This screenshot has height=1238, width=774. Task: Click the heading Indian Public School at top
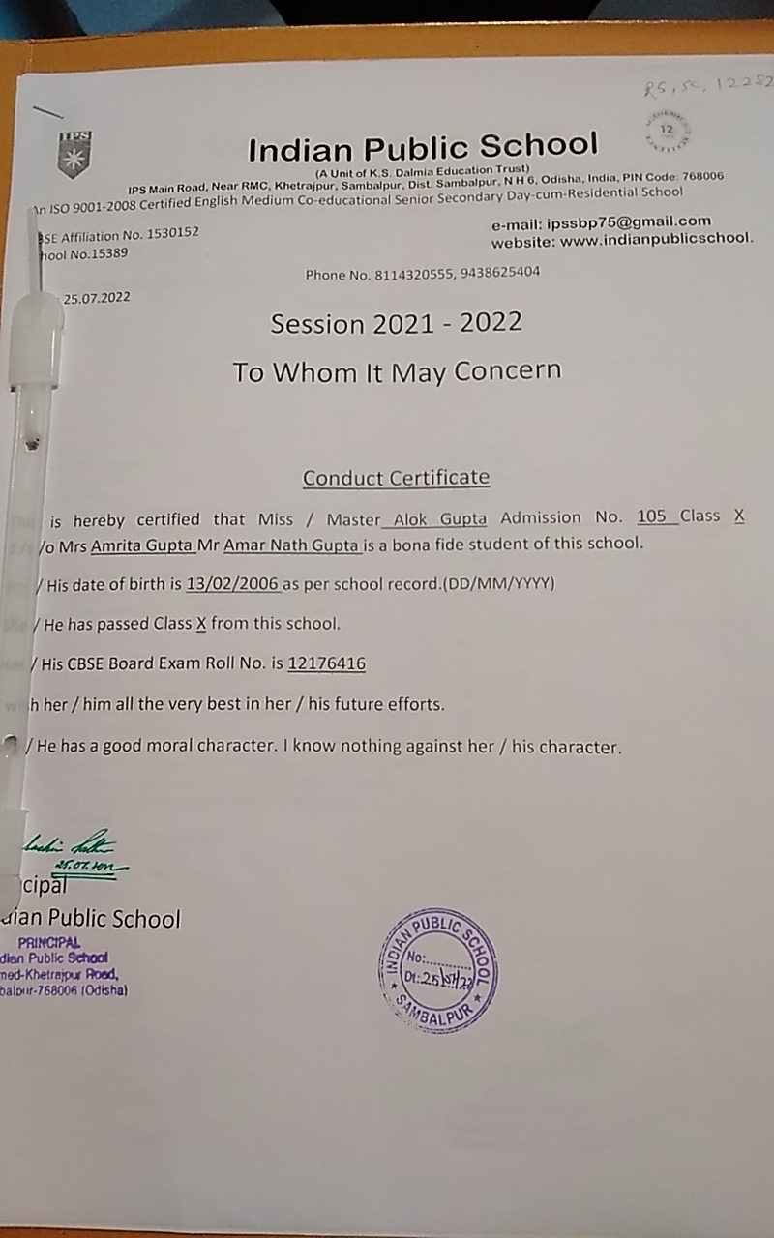click(x=423, y=148)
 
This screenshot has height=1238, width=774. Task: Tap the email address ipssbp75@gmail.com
click(x=629, y=221)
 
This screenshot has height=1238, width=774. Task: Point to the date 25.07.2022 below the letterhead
click(x=97, y=299)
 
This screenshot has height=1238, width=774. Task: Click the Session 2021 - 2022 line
click(x=396, y=323)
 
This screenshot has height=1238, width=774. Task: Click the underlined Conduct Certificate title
click(x=396, y=478)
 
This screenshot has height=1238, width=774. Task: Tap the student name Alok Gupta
click(x=440, y=518)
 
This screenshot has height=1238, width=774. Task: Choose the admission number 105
click(x=652, y=516)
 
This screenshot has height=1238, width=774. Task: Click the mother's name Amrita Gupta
click(x=142, y=545)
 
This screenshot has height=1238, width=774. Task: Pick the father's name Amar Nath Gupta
click(x=292, y=545)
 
